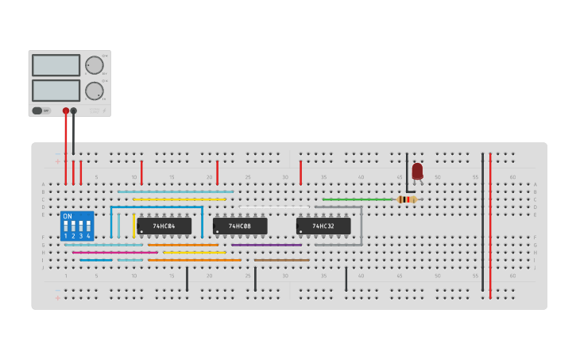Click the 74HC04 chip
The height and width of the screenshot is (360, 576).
pos(164,226)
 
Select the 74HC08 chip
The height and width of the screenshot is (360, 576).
pos(239,226)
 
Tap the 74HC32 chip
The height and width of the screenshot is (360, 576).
pos(323,226)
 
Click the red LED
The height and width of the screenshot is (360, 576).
pos(417,170)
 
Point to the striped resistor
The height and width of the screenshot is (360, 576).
pos(406,199)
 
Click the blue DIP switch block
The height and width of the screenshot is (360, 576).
pos(77,226)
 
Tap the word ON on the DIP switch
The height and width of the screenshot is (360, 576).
pos(68,216)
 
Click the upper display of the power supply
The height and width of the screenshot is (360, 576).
pos(56,65)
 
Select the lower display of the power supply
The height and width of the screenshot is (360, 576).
pos(56,90)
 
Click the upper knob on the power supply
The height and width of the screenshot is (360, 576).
pos(94,65)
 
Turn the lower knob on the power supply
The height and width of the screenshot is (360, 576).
pos(94,91)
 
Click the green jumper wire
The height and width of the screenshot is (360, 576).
pos(358,199)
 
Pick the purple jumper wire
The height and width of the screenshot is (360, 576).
pos(266,245)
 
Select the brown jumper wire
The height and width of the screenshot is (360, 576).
pos(281,260)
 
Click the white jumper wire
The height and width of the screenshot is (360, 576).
pos(273,207)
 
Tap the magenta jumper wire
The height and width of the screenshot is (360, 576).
pos(115,253)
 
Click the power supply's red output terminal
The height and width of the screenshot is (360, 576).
pos(66,111)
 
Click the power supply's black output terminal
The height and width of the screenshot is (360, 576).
pos(74,111)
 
